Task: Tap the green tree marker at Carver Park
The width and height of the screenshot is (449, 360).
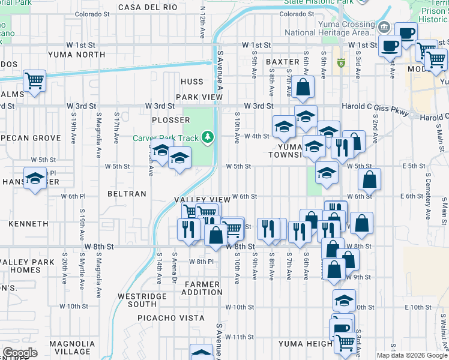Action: (x=208, y=138)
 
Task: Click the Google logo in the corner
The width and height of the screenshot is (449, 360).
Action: (x=19, y=353)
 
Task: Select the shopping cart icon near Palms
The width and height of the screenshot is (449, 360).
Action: (x=35, y=80)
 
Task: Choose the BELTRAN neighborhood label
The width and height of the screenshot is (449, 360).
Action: (x=127, y=194)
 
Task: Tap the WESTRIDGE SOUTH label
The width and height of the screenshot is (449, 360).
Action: (x=137, y=301)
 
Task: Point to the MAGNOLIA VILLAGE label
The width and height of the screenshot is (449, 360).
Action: (x=70, y=347)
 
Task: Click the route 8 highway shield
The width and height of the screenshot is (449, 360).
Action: (x=341, y=63)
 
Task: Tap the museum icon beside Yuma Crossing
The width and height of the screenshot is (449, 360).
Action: (x=384, y=27)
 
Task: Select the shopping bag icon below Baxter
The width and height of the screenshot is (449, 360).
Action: (x=304, y=86)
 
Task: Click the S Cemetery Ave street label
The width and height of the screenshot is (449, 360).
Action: (x=428, y=196)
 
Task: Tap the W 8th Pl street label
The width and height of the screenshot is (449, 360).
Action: (x=201, y=262)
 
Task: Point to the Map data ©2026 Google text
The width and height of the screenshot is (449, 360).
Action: (x=411, y=355)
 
